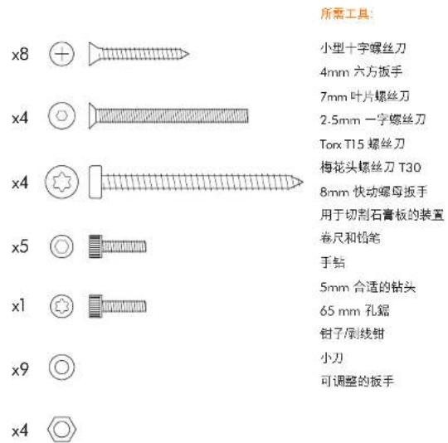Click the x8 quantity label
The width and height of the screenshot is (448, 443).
click(20, 54)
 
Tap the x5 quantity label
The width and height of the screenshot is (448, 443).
click(20, 246)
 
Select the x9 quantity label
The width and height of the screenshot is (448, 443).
click(20, 369)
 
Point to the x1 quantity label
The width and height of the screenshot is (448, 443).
click(18, 306)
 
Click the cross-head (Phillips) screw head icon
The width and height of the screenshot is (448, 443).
click(61, 54)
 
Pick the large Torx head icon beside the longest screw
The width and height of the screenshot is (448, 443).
click(61, 182)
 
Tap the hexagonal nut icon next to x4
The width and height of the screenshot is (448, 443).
click(61, 429)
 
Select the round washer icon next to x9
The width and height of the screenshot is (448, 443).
click(61, 367)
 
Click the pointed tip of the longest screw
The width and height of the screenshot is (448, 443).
click(302, 183)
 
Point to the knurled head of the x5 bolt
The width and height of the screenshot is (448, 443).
click(95, 246)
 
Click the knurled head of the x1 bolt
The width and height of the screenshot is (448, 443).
click(95, 306)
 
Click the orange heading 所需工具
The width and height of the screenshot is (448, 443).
click(347, 13)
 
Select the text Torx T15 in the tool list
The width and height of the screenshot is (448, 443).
click(342, 144)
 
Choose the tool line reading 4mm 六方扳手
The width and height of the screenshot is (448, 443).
click(361, 71)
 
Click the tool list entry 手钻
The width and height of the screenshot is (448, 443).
click(333, 262)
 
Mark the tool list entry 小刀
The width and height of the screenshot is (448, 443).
click(332, 358)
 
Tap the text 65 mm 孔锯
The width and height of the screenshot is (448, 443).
click(354, 310)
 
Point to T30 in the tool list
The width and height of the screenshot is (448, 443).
click(410, 168)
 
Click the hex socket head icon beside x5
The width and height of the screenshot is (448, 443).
click(61, 246)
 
